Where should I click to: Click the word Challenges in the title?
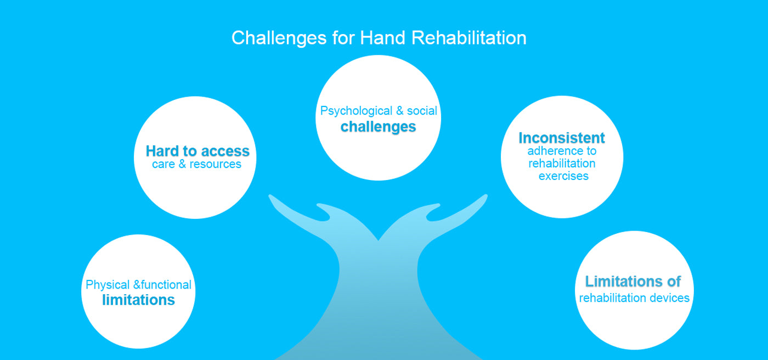(279, 38)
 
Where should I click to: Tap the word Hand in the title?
(382, 37)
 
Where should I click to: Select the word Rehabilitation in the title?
(468, 37)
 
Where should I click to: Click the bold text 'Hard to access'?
(197, 151)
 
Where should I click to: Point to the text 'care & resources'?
(196, 164)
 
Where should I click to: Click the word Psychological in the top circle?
(356, 111)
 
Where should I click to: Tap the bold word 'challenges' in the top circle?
(378, 127)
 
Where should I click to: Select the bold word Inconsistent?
(562, 138)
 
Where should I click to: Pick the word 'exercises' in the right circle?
(563, 176)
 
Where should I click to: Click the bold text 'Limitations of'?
(633, 282)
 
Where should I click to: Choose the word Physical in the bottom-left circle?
(108, 285)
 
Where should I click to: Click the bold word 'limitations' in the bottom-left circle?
(138, 300)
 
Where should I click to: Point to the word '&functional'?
(162, 285)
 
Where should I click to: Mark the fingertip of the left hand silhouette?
(271, 197)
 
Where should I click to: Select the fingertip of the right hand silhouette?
(485, 197)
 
